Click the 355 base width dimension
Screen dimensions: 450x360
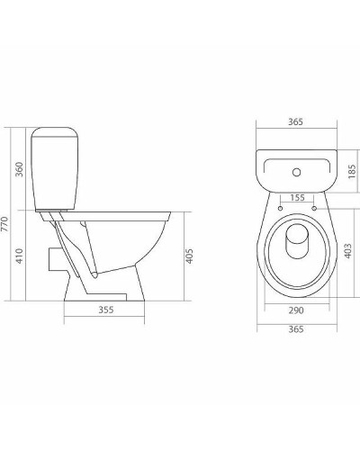point(105,312)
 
